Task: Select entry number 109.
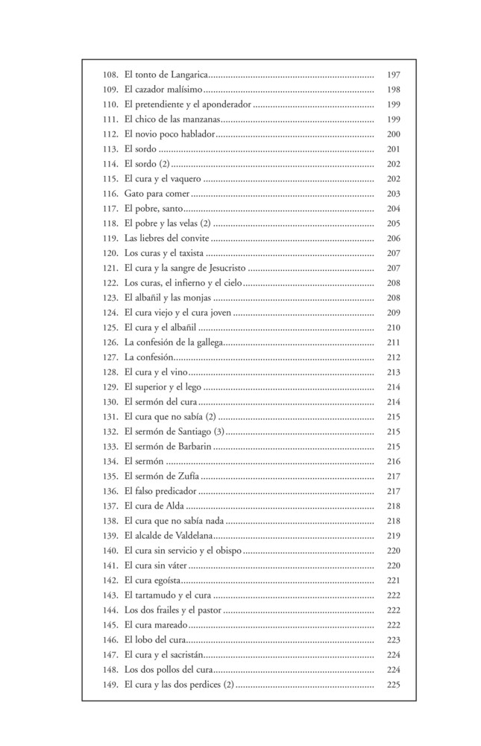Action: (x=111, y=90)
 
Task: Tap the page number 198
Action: (x=394, y=90)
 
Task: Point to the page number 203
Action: (x=394, y=194)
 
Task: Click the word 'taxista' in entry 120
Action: (x=192, y=254)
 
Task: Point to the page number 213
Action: (x=394, y=372)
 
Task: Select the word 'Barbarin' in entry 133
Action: (x=192, y=447)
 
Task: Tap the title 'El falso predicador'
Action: (x=161, y=491)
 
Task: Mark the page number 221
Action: (x=394, y=580)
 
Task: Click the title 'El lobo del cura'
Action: (x=154, y=640)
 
